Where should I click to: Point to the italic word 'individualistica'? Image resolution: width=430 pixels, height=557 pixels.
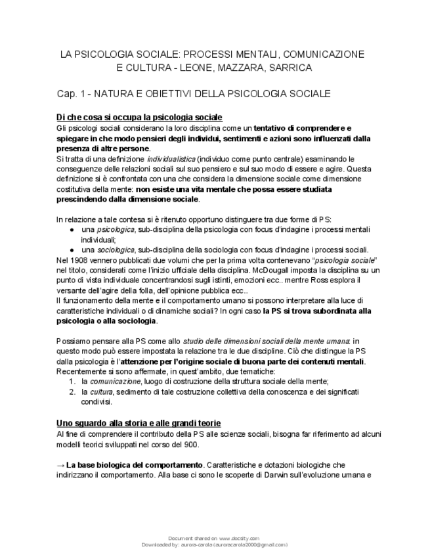[171, 159]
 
